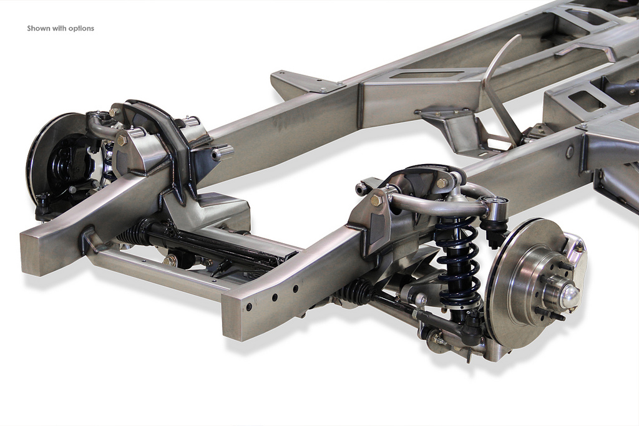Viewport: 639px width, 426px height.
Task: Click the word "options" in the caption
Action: pyautogui.click(x=81, y=29)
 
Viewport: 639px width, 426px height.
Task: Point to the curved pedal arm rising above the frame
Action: pyautogui.click(x=497, y=81)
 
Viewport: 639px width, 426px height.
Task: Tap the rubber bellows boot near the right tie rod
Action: pyautogui.click(x=357, y=292)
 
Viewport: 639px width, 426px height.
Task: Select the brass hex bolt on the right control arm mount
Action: pyautogui.click(x=376, y=200)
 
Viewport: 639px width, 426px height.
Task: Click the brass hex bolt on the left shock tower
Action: pyautogui.click(x=121, y=140)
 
